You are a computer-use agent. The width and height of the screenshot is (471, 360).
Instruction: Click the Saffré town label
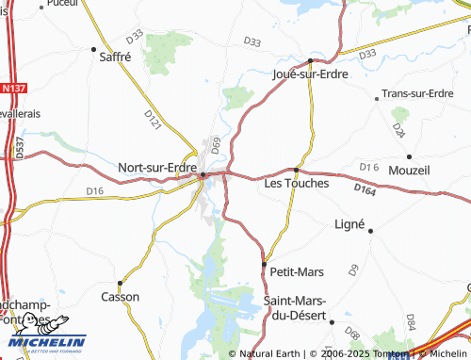click(x=114, y=56)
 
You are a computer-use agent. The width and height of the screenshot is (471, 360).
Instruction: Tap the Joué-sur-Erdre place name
click(x=310, y=74)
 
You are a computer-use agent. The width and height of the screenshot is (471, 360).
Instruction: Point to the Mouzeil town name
click(x=409, y=171)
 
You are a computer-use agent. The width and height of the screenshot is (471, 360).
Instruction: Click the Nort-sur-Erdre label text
click(x=156, y=168)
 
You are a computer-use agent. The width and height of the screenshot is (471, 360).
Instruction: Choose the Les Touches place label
click(x=297, y=183)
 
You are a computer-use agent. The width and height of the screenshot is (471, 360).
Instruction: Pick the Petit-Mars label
click(x=297, y=271)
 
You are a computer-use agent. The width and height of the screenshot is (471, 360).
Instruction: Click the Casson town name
click(x=120, y=297)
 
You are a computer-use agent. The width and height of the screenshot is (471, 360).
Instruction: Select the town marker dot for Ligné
click(x=370, y=230)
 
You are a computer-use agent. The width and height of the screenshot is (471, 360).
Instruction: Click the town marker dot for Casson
click(x=120, y=283)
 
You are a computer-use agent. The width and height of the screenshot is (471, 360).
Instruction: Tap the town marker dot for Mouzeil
click(x=409, y=156)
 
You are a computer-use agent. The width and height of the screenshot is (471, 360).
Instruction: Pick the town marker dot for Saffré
click(x=93, y=48)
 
